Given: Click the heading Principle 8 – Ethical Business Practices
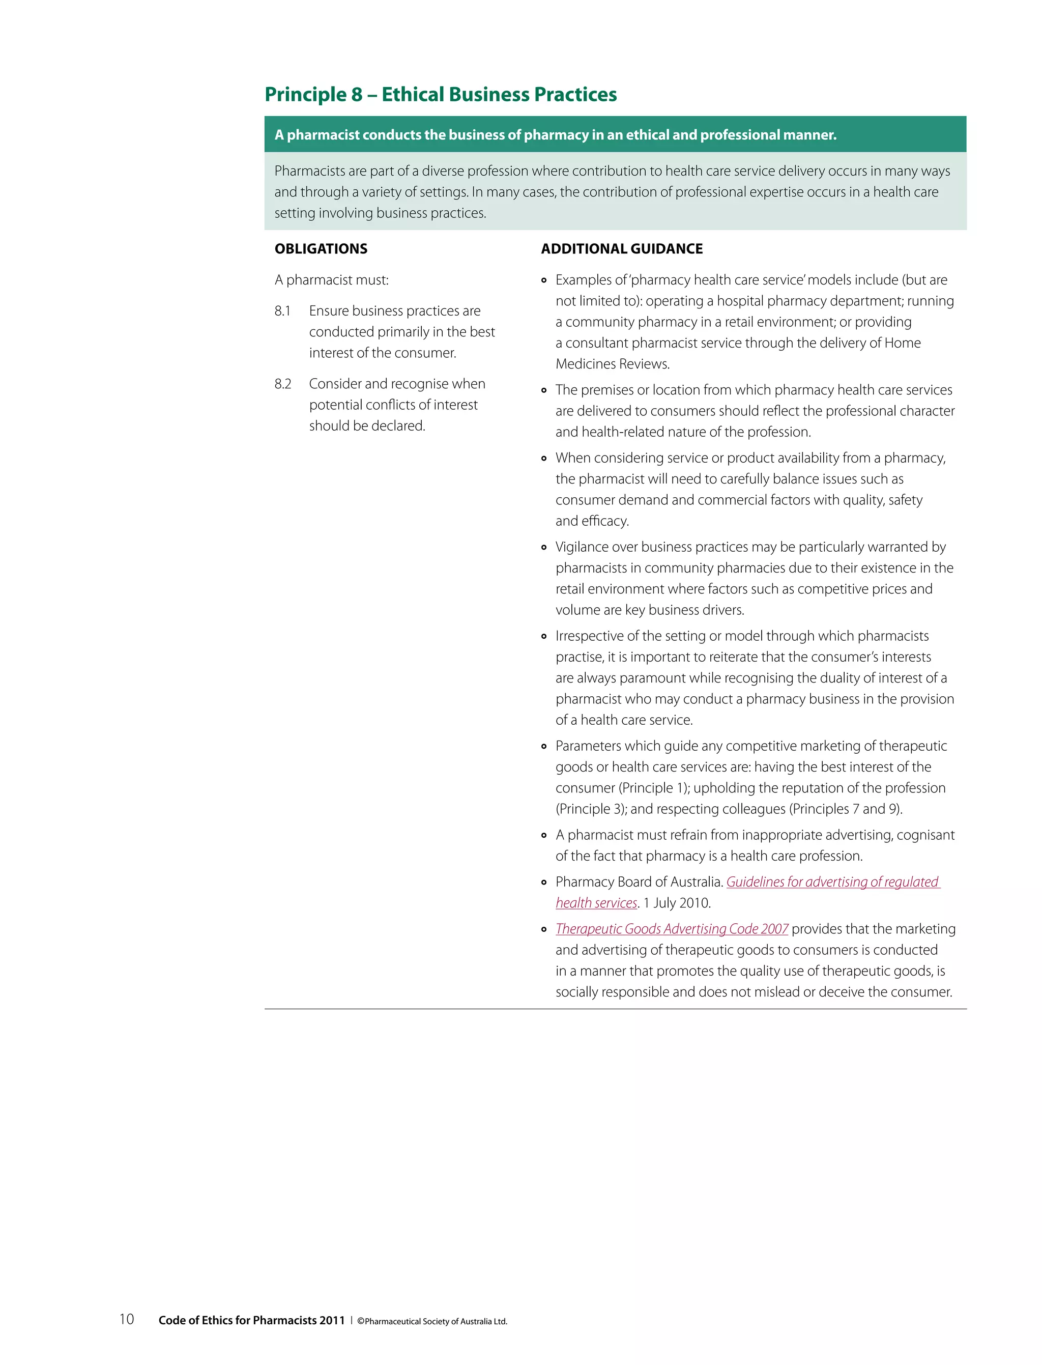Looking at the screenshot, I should (x=441, y=94).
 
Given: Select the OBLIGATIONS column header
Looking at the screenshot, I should (x=321, y=249).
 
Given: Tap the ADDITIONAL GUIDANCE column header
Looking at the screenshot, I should (x=621, y=249).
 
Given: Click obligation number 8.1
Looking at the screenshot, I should (x=283, y=311).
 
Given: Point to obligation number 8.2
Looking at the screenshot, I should (x=283, y=384).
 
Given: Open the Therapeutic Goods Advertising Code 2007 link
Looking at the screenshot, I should (x=671, y=929).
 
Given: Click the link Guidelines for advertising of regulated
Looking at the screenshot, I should (x=832, y=881).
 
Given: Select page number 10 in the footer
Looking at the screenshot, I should (x=127, y=1319).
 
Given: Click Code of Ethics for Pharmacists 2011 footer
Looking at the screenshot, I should (x=251, y=1320).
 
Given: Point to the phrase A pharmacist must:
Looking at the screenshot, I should (x=331, y=280).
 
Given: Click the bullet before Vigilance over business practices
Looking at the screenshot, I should (x=544, y=547).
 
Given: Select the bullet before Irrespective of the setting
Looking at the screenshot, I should (x=544, y=637).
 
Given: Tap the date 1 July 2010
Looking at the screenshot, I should (x=677, y=903).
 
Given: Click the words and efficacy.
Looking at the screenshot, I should (x=592, y=521).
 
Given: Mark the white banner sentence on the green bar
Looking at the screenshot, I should (x=555, y=135).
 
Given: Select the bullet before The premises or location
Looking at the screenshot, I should (x=544, y=390).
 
